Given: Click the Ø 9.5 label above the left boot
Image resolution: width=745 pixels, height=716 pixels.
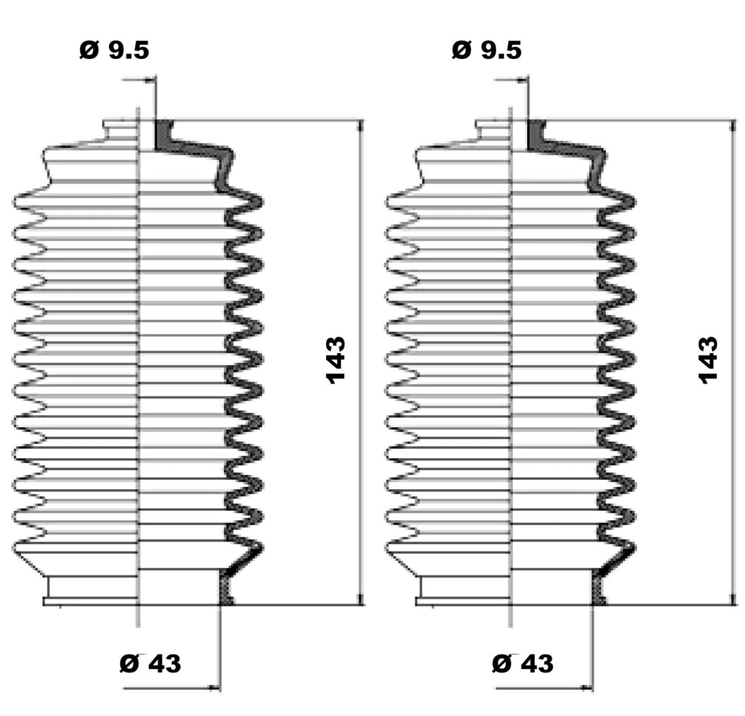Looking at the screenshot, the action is [x=114, y=50].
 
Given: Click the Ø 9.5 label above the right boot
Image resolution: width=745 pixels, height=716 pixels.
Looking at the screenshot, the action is [x=486, y=50].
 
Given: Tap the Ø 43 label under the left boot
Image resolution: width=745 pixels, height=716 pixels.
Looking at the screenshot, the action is [x=150, y=663].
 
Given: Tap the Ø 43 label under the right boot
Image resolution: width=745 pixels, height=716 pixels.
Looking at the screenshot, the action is [x=523, y=663].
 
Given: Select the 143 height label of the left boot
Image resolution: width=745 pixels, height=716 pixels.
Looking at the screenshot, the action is [x=335, y=360].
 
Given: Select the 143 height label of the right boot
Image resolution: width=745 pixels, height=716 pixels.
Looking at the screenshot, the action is [x=708, y=360].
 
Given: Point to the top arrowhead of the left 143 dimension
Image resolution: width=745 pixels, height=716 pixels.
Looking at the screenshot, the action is [x=361, y=126].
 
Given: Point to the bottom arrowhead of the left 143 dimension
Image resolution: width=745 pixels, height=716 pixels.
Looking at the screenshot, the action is [x=361, y=599].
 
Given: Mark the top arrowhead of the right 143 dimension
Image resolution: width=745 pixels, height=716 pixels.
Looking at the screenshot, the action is [x=733, y=126].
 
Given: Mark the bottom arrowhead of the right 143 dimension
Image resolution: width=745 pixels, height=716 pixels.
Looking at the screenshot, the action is [x=733, y=599].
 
